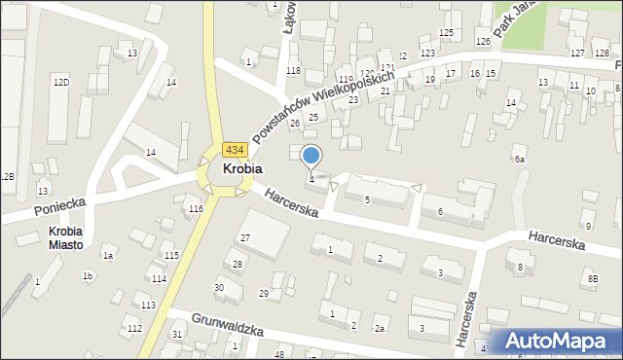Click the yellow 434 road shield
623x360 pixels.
point(234,150)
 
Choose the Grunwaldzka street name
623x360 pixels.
point(228,324)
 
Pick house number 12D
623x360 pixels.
point(61,83)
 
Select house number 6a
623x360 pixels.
point(520,159)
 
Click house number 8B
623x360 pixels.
point(593,280)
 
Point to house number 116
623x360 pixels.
point(196,209)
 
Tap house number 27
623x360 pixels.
point(245,238)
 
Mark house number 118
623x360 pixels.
point(293,71)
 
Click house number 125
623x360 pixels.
point(446,33)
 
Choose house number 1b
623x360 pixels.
point(88,276)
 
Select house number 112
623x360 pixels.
point(133,328)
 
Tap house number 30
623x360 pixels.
point(220,287)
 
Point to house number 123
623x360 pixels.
point(426,53)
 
